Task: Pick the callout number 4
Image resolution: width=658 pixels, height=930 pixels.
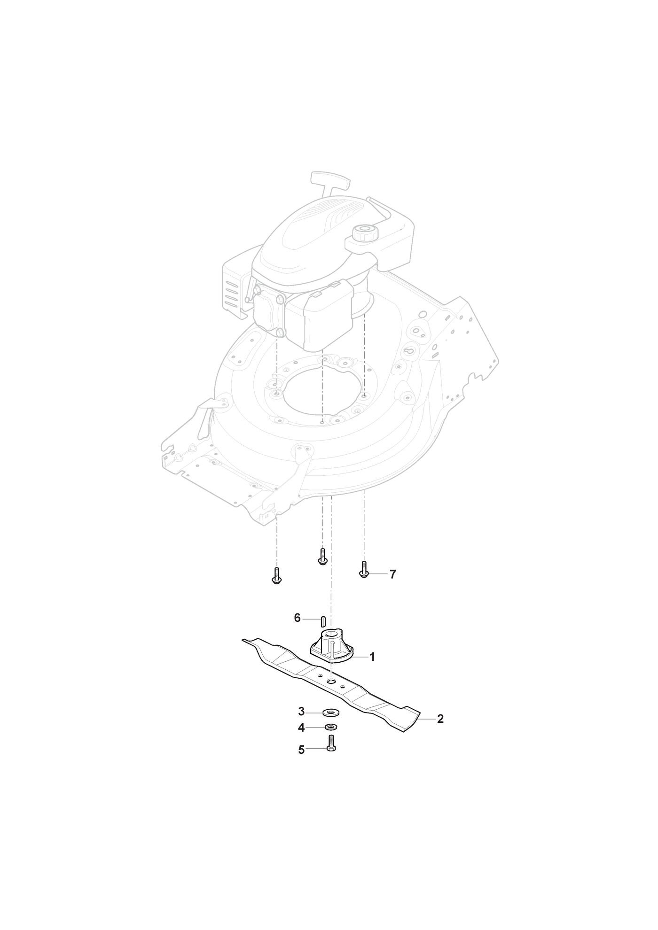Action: (301, 728)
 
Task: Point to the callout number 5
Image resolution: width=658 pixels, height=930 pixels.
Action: (301, 750)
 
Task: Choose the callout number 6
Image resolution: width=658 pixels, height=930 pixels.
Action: (297, 618)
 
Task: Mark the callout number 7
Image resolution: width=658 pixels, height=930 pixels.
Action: (392, 574)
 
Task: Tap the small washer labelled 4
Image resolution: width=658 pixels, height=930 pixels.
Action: (330, 728)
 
